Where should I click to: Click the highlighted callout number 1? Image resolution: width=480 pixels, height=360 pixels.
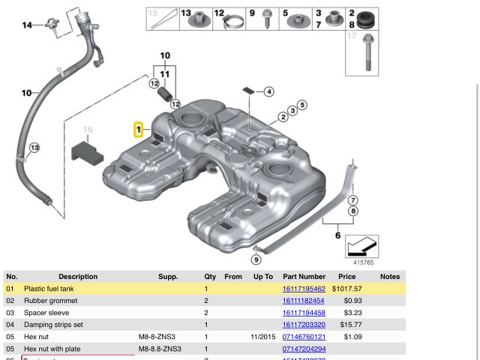pyautogui.click(x=139, y=130)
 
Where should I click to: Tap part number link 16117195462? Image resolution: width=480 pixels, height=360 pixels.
pyautogui.click(x=304, y=289)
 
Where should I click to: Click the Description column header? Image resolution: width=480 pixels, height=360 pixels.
pyautogui.click(x=78, y=277)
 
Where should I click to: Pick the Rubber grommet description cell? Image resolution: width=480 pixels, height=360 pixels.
pyautogui.click(x=50, y=301)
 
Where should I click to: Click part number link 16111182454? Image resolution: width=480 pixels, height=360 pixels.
pyautogui.click(x=304, y=301)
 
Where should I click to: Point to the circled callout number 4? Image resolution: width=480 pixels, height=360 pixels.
pyautogui.click(x=267, y=92)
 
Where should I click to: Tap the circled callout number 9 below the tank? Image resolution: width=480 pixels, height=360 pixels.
pyautogui.click(x=256, y=259)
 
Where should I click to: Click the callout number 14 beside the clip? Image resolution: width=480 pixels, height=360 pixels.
pyautogui.click(x=27, y=25)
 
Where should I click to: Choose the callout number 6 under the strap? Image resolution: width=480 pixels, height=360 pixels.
pyautogui.click(x=337, y=235)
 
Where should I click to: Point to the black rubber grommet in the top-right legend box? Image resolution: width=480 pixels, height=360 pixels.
pyautogui.click(x=368, y=19)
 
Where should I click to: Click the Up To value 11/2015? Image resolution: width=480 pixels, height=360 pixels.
pyautogui.click(x=262, y=337)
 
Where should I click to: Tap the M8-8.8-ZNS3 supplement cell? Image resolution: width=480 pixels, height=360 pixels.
pyautogui.click(x=160, y=349)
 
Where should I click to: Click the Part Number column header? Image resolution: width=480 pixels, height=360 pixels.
pyautogui.click(x=304, y=277)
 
